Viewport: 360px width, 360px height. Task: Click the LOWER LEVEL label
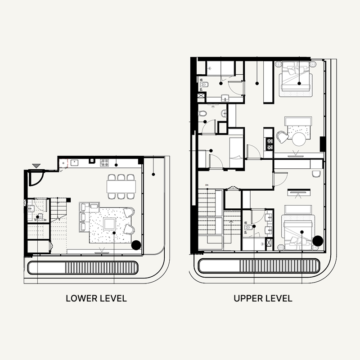tap(96, 298)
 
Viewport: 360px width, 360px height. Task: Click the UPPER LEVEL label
tap(263, 298)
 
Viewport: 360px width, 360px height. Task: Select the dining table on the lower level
tap(121, 186)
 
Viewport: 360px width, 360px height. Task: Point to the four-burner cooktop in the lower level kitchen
tap(104, 161)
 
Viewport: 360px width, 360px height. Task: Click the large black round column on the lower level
tap(136, 246)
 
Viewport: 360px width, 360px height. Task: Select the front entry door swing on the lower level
tap(35, 178)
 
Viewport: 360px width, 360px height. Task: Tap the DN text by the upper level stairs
tap(207, 185)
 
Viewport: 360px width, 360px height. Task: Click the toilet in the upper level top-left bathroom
tap(203, 84)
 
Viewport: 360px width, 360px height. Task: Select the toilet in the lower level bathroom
tap(31, 208)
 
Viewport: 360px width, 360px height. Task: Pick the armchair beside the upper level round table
tap(282, 136)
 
